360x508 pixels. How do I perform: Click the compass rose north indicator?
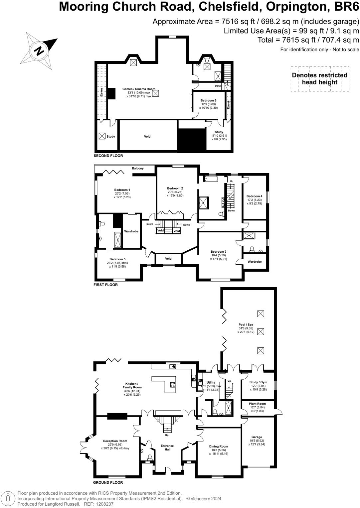39,51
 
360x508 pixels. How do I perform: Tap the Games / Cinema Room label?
139,89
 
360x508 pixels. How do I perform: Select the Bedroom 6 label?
208,100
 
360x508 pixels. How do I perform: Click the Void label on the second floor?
147,137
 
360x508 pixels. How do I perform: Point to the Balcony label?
138,169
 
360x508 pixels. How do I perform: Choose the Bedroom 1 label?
122,190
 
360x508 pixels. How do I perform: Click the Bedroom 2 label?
175,189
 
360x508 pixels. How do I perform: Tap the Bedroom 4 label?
254,196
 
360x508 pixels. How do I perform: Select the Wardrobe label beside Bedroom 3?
255,262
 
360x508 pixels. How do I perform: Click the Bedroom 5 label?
117,259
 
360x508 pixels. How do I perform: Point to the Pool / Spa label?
246,324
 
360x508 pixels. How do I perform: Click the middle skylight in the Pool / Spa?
261,331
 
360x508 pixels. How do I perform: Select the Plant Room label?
257,404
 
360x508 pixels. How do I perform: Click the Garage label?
257,437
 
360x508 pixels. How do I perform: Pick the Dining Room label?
219,446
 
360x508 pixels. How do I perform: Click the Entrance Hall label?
167,447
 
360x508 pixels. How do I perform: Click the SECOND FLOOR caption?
108,156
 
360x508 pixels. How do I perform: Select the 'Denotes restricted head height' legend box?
319,79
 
